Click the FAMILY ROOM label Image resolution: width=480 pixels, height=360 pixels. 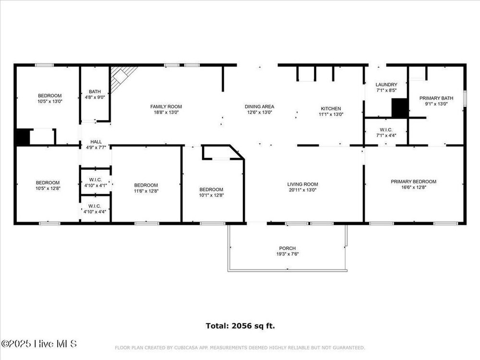pyautogui.click(x=166, y=107)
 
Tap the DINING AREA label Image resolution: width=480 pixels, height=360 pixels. pyautogui.click(x=259, y=107)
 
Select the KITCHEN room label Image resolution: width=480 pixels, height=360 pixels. pyautogui.click(x=331, y=108)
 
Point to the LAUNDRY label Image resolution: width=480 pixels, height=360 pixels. pyautogui.click(x=386, y=84)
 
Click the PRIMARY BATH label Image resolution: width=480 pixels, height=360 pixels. pyautogui.click(x=436, y=98)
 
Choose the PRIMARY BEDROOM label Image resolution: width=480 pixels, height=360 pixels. pyautogui.click(x=414, y=181)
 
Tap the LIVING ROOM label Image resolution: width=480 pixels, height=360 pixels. pyautogui.click(x=302, y=184)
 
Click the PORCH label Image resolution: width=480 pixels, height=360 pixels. pyautogui.click(x=288, y=248)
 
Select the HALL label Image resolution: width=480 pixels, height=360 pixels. pyautogui.click(x=96, y=142)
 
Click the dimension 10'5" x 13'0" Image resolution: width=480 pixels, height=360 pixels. pyautogui.click(x=50, y=101)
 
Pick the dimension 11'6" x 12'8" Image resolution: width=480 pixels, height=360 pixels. pyautogui.click(x=146, y=191)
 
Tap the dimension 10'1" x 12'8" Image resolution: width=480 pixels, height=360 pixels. pyautogui.click(x=211, y=195)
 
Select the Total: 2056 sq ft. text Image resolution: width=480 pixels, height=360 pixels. pyautogui.click(x=240, y=326)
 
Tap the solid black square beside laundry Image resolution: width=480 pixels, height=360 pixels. pyautogui.click(x=399, y=108)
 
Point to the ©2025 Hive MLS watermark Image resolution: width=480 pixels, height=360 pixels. pyautogui.click(x=39, y=344)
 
